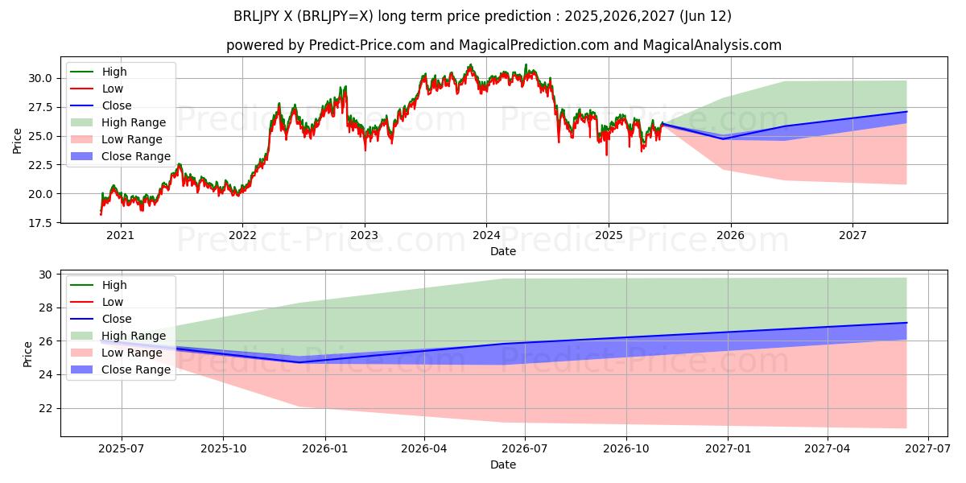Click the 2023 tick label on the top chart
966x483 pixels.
pos(364,236)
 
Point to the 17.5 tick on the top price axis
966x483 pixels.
pos(43,222)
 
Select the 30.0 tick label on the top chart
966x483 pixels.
pos(43,78)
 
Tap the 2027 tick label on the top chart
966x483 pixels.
pos(852,236)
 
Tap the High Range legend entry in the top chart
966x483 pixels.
pos(134,122)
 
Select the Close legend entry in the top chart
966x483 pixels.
pos(117,105)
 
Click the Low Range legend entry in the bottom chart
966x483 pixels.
pos(132,353)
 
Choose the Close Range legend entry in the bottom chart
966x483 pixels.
pos(135,369)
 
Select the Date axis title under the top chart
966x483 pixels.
pos(503,251)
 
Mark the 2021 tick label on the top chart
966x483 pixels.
pos(120,236)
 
